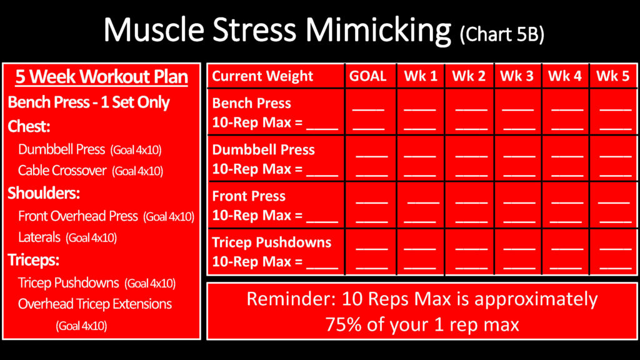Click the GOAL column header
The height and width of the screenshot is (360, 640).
click(x=367, y=76)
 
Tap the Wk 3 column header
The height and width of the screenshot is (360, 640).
click(x=517, y=76)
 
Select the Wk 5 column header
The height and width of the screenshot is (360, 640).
click(x=612, y=76)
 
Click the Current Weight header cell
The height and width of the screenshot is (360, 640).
click(x=262, y=76)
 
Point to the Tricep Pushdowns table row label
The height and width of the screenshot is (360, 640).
click(x=271, y=242)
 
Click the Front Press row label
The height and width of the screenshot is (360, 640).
click(x=249, y=196)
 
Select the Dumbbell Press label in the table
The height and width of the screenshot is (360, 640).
click(x=263, y=150)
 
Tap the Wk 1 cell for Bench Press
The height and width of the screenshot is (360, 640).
click(x=421, y=111)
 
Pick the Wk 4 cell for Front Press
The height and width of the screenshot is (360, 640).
click(x=566, y=204)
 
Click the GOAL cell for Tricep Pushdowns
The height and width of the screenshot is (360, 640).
click(x=371, y=251)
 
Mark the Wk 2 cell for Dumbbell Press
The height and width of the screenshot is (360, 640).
click(x=469, y=158)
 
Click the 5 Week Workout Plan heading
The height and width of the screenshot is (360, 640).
click(x=102, y=77)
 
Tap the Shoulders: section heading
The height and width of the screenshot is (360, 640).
click(x=44, y=193)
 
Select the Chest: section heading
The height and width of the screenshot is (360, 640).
click(x=29, y=126)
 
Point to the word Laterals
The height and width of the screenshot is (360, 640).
click(x=39, y=237)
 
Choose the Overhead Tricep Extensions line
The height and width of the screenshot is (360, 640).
click(x=95, y=304)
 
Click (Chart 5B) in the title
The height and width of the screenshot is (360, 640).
click(x=502, y=34)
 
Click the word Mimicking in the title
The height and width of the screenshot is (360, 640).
click(x=378, y=31)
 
